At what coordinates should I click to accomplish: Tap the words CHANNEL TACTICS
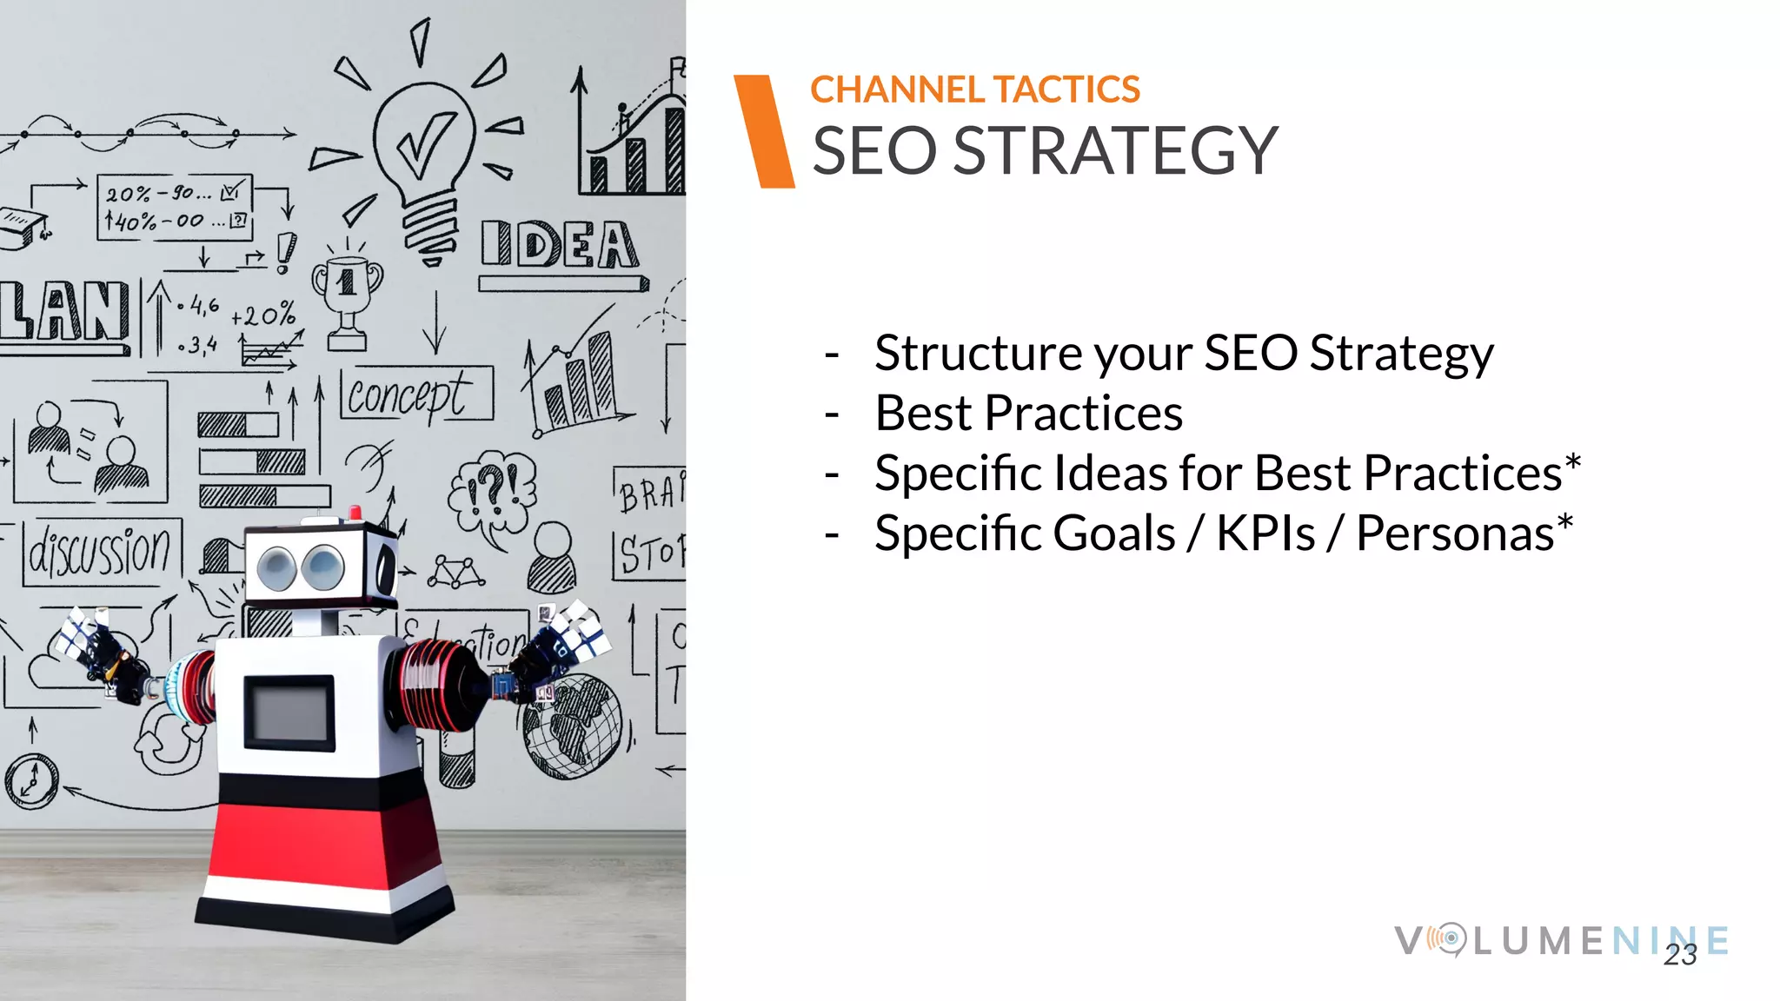pos(974,89)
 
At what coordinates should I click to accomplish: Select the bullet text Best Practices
pos(1028,413)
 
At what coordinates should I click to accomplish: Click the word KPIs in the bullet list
pos(1265,533)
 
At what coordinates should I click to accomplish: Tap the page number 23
pos(1679,955)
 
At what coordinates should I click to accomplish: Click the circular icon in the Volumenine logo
pos(1449,939)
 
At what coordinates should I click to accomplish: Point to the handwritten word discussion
pos(101,552)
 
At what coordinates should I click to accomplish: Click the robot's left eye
pos(277,567)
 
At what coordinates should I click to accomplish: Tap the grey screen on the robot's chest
pos(289,713)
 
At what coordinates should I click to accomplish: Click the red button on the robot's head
pos(355,512)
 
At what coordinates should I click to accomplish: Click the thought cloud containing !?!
pos(493,491)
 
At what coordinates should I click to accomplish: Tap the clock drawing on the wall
pos(31,779)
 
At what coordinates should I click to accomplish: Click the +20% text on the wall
pos(263,315)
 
